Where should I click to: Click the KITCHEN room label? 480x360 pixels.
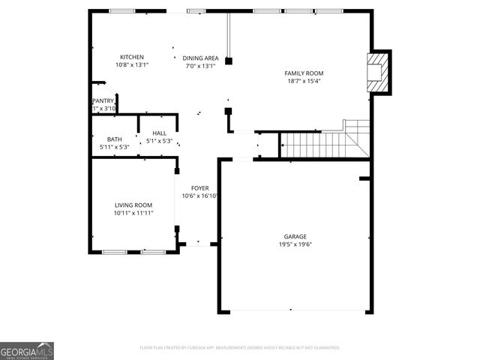(133, 58)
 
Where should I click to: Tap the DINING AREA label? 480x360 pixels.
(200, 58)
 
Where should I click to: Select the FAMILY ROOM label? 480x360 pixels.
(304, 73)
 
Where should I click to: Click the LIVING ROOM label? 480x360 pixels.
(133, 205)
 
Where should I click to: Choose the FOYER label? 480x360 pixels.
(200, 188)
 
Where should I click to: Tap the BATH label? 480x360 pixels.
(114, 139)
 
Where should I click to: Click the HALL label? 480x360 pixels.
(159, 133)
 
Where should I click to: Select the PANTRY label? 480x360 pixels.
(103, 100)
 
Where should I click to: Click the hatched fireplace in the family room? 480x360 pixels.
(378, 72)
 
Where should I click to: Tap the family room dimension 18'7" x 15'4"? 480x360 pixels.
(304, 81)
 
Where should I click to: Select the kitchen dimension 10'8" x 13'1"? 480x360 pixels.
(133, 66)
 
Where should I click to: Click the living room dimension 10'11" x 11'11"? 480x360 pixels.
(133, 214)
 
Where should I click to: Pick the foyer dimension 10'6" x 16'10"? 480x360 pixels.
(200, 196)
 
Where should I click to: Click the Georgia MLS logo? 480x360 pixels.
(27, 351)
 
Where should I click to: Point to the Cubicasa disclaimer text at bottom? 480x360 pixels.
(240, 348)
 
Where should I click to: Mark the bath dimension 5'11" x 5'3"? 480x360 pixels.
(115, 147)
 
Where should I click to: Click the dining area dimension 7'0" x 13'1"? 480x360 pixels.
(200, 66)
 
